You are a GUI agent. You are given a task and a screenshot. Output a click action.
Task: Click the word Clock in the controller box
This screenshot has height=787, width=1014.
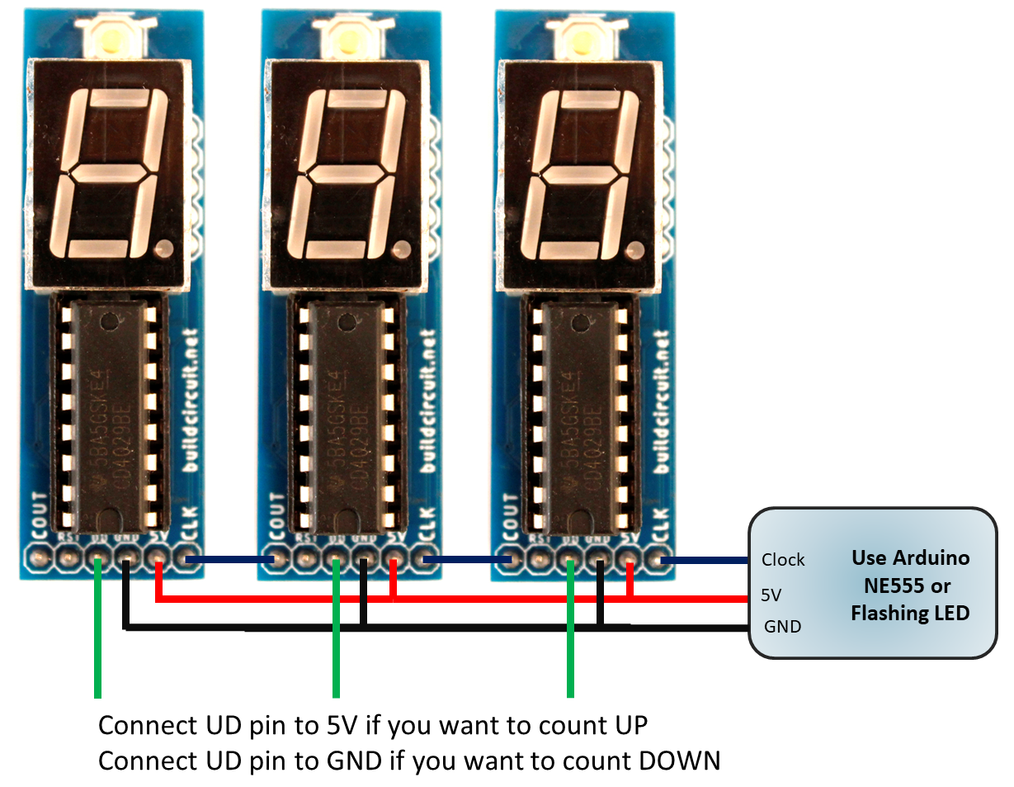(783, 560)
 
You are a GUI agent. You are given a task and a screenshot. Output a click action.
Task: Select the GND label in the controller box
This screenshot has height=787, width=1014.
(782, 627)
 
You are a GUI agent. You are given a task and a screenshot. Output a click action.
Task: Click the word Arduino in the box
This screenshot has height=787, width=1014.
(932, 557)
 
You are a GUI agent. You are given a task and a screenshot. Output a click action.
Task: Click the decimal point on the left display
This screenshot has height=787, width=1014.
(165, 246)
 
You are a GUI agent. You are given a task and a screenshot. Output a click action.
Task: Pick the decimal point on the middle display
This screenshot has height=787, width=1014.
(403, 246)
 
